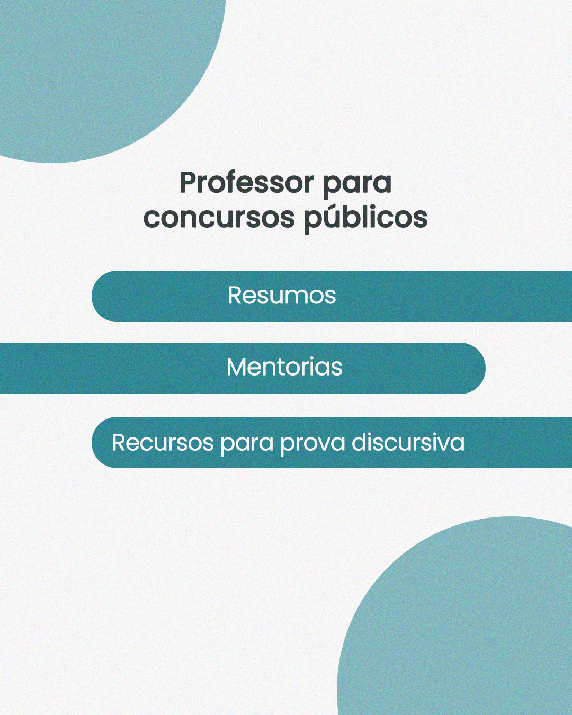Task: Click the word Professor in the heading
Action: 247,183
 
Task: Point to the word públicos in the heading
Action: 365,218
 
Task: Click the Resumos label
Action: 282,296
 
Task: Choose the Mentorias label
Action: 284,367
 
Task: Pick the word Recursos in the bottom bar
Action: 163,443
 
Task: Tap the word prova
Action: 312,444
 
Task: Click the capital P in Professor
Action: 188,183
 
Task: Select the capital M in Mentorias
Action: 237,367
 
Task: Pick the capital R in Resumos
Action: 235,296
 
